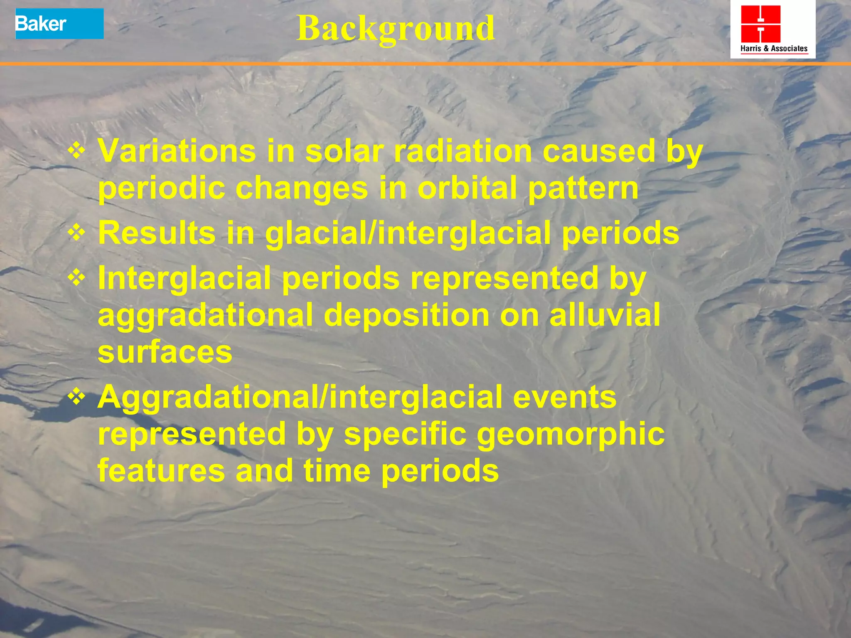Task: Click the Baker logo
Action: [x=59, y=24]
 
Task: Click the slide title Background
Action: [x=395, y=28]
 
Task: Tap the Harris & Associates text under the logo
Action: [x=774, y=49]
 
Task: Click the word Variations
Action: [x=177, y=151]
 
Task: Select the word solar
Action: [x=344, y=151]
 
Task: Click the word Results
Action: [x=157, y=233]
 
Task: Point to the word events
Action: [x=564, y=397]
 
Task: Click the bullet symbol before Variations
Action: [x=77, y=151]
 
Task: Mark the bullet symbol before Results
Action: [x=77, y=233]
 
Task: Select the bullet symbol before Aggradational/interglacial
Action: [x=77, y=397]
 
